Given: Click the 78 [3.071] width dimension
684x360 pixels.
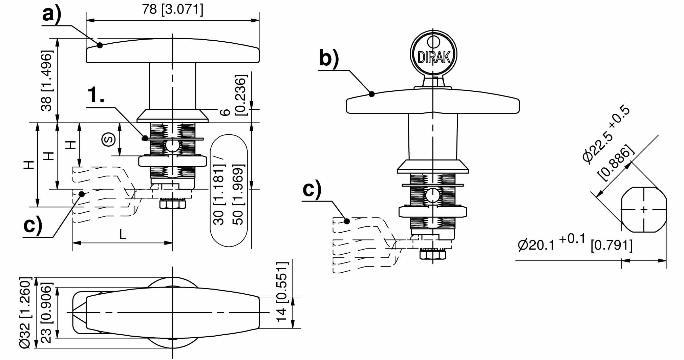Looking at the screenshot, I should point(173,9).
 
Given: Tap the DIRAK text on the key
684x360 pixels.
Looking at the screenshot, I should point(434,57).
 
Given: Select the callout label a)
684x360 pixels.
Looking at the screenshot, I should point(51,15).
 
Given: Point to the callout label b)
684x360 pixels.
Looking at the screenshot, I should point(328,58).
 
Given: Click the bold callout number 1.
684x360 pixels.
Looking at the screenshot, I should point(96,95).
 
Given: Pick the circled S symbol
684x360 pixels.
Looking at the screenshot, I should point(109,139).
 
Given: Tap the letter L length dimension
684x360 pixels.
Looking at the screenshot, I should point(123,234).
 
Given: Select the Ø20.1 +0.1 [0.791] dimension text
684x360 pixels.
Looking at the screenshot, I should point(575,243).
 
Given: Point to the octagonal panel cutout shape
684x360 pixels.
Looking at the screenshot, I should point(643,210).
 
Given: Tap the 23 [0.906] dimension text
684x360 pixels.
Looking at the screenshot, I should point(46,313).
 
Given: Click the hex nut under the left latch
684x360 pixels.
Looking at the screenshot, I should point(173,204).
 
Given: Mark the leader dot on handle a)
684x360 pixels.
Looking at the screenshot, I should point(100,45).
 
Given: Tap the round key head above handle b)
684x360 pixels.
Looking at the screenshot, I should point(433,54).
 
